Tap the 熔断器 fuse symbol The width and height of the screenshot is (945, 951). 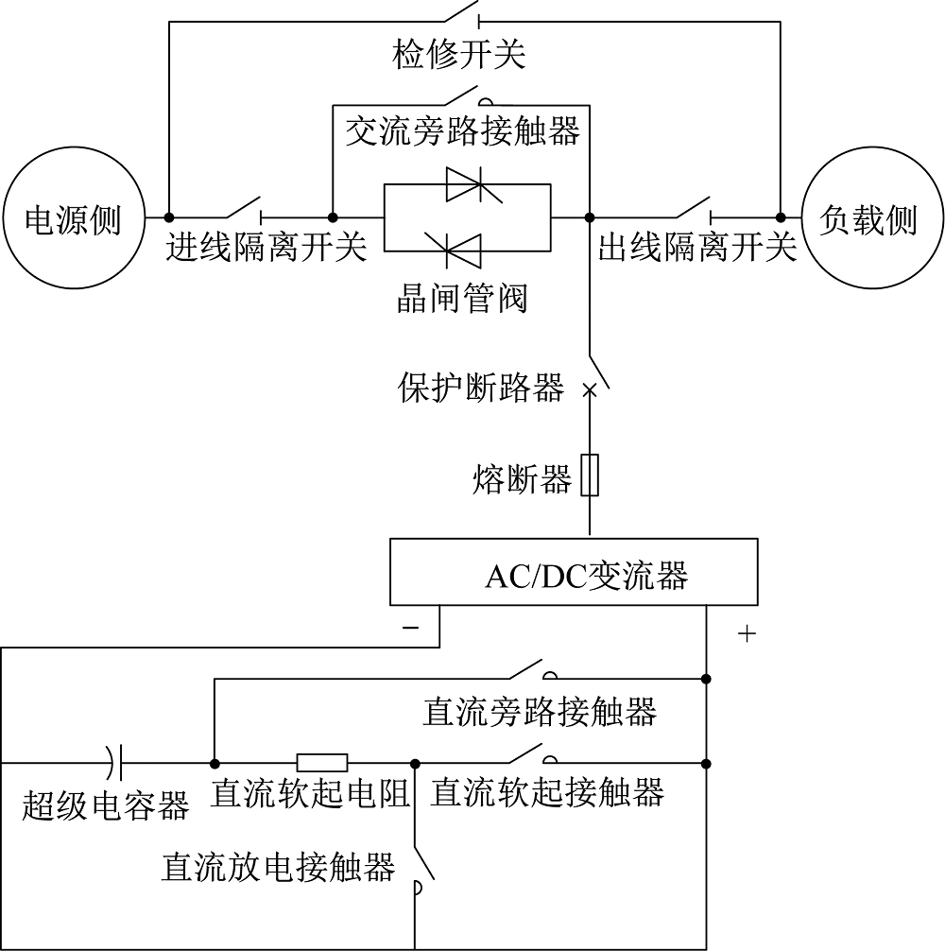click(x=590, y=475)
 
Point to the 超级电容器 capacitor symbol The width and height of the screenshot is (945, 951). click(x=115, y=763)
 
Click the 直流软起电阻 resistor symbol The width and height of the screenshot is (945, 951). click(x=322, y=763)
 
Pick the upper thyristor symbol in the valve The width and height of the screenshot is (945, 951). click(x=473, y=184)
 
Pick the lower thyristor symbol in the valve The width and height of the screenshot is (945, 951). click(x=453, y=250)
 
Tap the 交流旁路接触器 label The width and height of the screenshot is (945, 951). click(x=462, y=130)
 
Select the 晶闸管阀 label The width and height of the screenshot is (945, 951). click(x=462, y=298)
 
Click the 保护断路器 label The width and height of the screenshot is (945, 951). click(x=481, y=387)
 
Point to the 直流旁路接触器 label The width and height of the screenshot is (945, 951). click(x=540, y=711)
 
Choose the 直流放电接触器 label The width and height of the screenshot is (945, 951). click(x=278, y=867)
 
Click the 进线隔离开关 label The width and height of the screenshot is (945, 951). click(x=266, y=247)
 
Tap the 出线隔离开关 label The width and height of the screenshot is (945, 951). click(x=697, y=247)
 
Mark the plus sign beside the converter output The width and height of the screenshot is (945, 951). click(x=747, y=633)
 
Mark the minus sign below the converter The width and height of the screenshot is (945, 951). click(x=410, y=627)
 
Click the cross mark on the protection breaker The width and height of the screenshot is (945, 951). click(x=590, y=390)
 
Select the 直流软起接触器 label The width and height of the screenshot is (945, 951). click(x=547, y=792)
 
